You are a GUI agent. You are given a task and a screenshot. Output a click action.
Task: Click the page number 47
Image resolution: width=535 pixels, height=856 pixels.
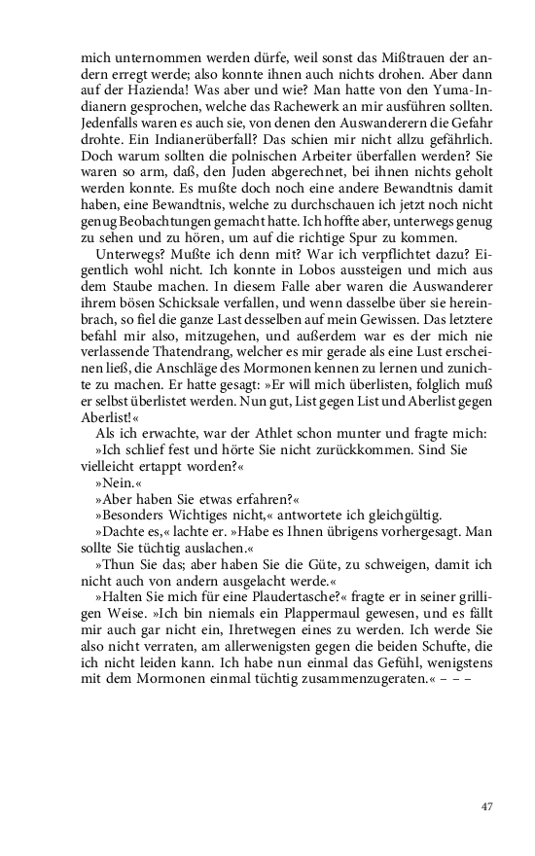pos(487,806)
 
